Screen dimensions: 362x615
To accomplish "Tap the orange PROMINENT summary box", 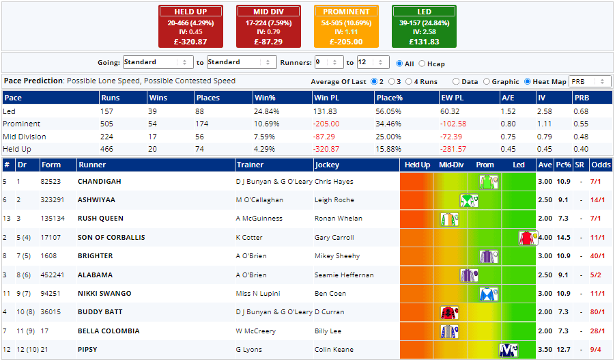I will click(x=346, y=27).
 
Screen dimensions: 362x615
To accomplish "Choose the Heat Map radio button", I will click(x=528, y=82).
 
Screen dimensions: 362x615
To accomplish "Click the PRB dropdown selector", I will click(x=590, y=82).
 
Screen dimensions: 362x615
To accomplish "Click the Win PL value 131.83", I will click(x=325, y=111).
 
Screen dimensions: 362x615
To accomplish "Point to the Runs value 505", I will click(x=109, y=124).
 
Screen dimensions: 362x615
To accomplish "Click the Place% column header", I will click(x=389, y=98).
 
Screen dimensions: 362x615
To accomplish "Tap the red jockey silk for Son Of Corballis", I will click(x=526, y=238).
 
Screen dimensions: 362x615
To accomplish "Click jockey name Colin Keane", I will click(x=334, y=350).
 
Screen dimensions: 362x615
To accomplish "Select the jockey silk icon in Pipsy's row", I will click(x=507, y=350).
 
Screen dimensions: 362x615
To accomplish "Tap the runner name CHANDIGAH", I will click(x=100, y=182).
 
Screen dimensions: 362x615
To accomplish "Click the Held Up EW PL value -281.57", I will click(x=453, y=149).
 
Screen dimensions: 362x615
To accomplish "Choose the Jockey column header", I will click(x=326, y=165).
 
